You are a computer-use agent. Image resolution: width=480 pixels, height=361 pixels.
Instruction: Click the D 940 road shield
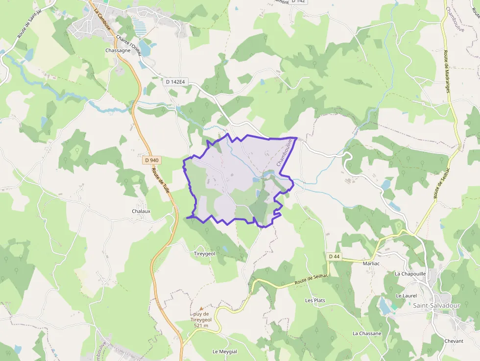tap(152, 160)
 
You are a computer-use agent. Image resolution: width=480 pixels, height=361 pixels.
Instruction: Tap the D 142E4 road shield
tap(175, 82)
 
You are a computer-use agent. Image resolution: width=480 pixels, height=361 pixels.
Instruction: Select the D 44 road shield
tap(334, 256)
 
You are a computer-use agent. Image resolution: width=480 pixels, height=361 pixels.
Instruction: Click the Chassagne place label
tap(118, 50)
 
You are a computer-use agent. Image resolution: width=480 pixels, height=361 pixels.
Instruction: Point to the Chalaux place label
tap(141, 211)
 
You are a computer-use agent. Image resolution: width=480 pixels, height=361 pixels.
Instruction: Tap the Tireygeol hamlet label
tap(205, 254)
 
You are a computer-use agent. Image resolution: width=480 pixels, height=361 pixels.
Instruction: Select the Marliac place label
tap(372, 264)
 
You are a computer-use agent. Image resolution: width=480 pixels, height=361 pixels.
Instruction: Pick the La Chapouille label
tap(410, 273)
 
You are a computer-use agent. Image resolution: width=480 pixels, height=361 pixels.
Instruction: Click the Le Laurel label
tap(406, 296)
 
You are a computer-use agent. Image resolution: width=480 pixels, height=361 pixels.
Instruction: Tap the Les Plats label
tap(315, 300)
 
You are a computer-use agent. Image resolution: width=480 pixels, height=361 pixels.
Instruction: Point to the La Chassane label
tap(367, 334)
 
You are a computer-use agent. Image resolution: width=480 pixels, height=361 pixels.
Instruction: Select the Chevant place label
tap(454, 341)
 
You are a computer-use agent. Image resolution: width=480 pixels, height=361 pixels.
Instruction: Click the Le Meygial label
tap(225, 352)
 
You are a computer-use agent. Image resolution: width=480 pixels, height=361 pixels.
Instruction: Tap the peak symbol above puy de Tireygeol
tap(201, 308)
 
